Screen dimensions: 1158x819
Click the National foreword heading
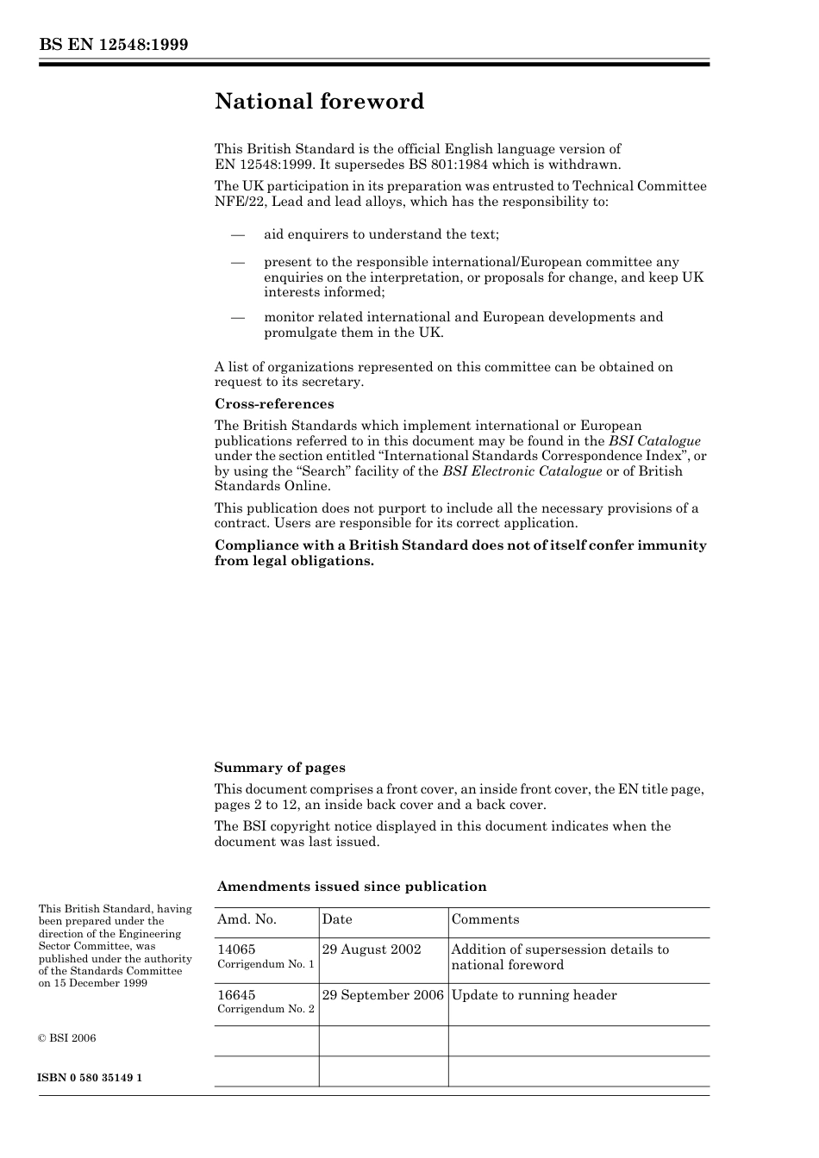(x=319, y=102)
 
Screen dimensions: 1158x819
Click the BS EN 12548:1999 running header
(x=113, y=45)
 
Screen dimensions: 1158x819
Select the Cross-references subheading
(x=273, y=404)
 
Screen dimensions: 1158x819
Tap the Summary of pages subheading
(x=279, y=768)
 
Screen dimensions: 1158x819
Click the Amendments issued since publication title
(x=351, y=887)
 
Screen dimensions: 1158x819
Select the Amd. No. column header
(x=247, y=919)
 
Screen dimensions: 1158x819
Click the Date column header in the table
(x=337, y=919)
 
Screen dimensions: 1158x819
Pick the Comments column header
(x=485, y=919)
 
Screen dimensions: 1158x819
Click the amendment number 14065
(x=236, y=949)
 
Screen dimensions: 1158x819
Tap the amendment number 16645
(x=236, y=995)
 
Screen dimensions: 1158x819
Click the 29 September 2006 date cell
(x=383, y=995)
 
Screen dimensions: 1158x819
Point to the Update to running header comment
(x=534, y=995)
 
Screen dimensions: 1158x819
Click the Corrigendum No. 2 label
(x=266, y=1009)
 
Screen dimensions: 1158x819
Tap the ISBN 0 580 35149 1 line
(x=91, y=1078)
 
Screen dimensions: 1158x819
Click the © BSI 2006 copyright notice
(x=67, y=1038)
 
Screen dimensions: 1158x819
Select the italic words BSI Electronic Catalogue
(x=522, y=471)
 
